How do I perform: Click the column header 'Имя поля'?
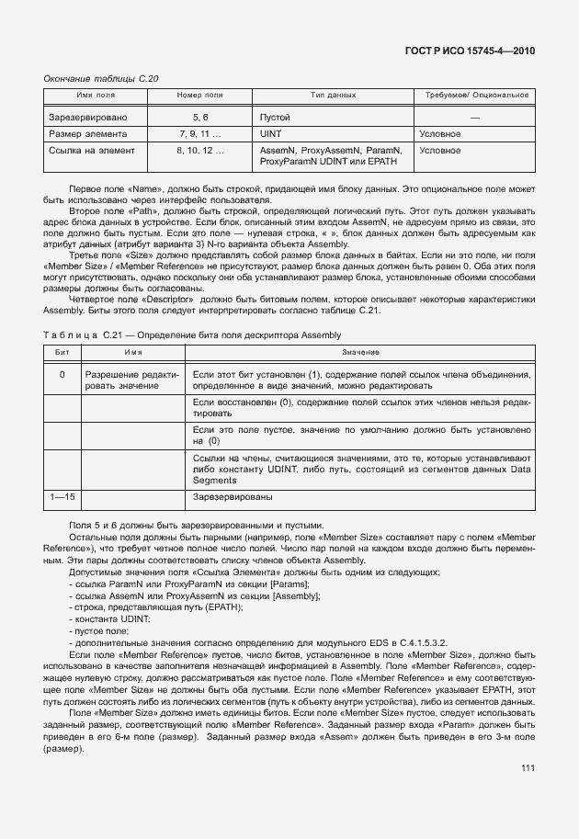96,96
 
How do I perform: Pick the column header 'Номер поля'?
199,96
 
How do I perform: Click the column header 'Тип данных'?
333,96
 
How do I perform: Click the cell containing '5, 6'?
200,118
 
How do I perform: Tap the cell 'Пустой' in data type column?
275,118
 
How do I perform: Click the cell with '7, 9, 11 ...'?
200,133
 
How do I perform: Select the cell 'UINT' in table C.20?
271,133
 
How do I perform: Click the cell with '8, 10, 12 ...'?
200,149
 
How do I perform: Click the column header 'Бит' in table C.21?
62,352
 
